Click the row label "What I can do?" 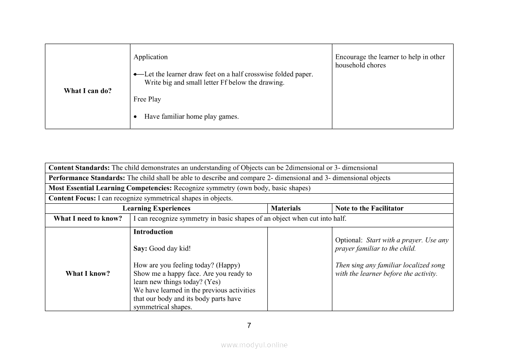(88, 91)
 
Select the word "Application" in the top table (150, 57)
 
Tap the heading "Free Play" (147, 99)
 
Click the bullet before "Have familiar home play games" (136, 117)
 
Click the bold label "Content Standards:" (79, 168)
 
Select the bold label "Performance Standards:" (87, 178)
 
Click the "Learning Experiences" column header (156, 208)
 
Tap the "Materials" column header (286, 208)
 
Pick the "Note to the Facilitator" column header (369, 208)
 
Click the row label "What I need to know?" (88, 219)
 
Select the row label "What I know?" (88, 274)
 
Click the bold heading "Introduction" (153, 232)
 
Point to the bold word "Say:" (140, 249)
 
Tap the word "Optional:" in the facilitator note (349, 240)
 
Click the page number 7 (249, 326)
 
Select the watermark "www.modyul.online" (254, 345)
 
